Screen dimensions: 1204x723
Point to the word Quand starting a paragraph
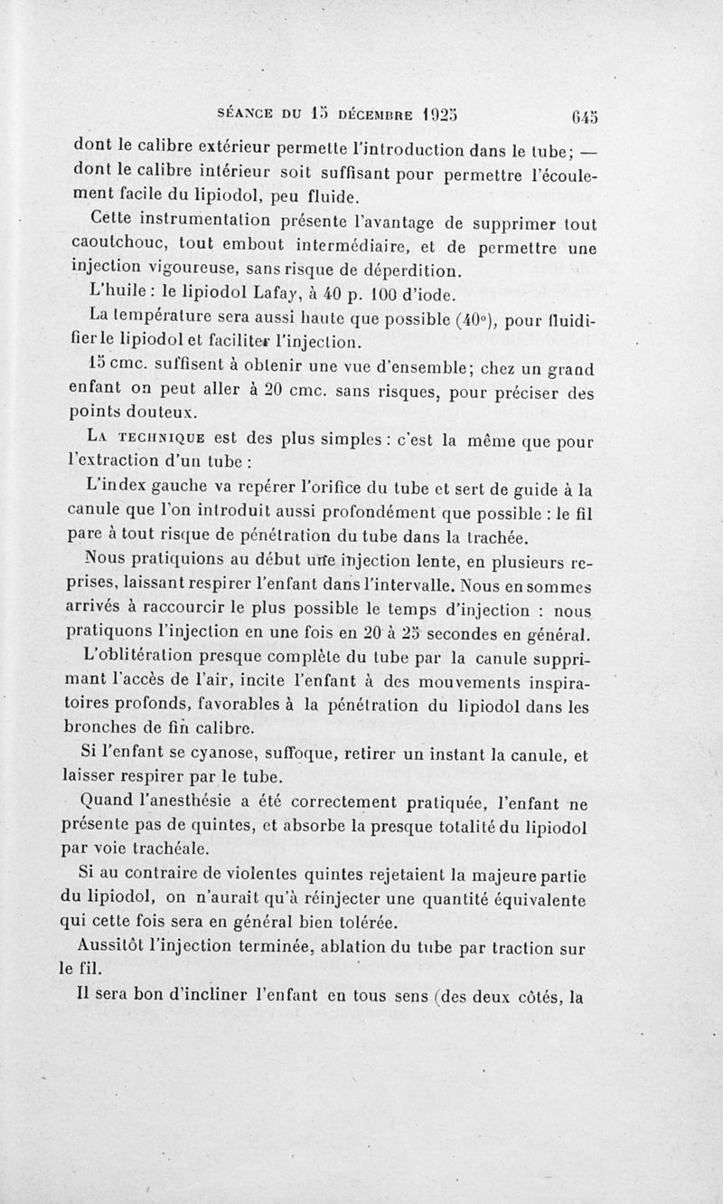pyautogui.click(x=107, y=801)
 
